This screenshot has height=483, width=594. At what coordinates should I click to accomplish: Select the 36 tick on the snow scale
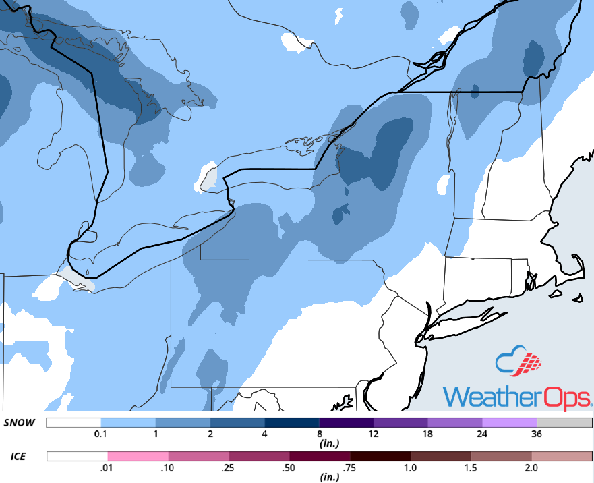click(538, 434)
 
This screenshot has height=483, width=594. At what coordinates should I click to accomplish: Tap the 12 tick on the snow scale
click(374, 434)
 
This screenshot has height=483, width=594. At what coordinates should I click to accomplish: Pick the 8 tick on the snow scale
click(319, 434)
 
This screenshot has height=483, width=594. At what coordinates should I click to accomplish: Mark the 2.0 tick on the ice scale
click(531, 468)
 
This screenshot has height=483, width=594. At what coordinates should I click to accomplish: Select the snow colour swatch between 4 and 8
click(291, 423)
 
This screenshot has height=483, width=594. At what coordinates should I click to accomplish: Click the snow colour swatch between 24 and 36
click(510, 423)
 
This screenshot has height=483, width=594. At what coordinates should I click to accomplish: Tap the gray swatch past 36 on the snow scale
click(565, 423)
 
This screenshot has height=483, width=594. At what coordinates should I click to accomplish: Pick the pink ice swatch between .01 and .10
click(138, 457)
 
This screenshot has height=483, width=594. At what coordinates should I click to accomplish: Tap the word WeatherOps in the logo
click(517, 396)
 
